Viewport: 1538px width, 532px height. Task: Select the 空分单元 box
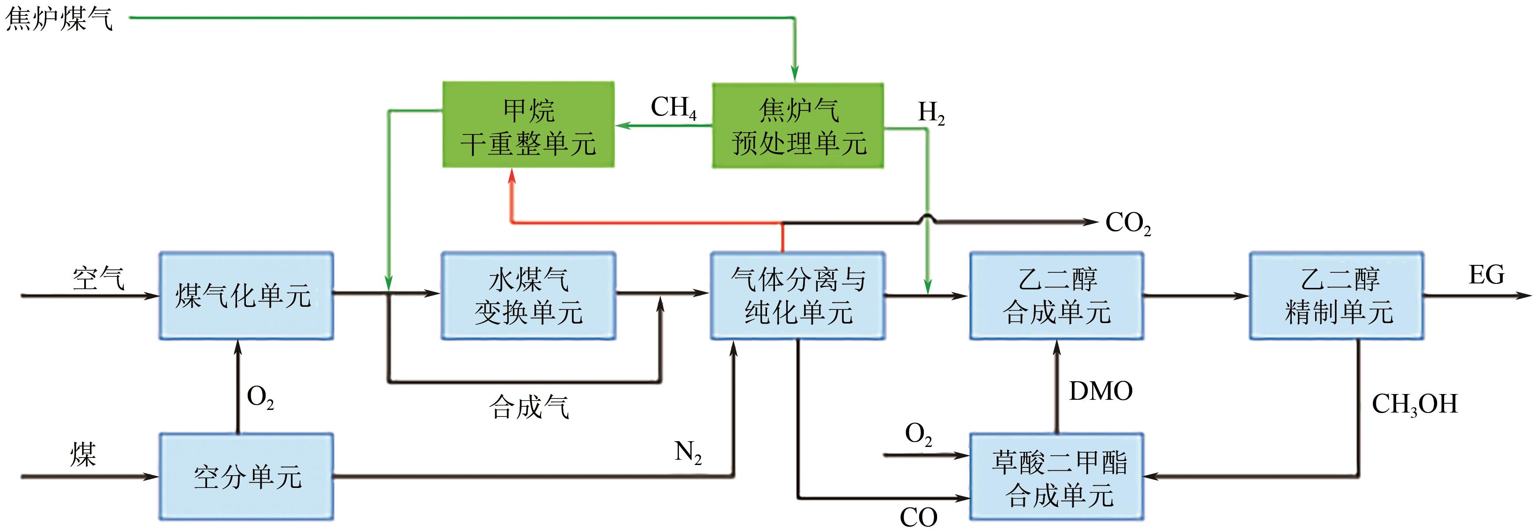[246, 476]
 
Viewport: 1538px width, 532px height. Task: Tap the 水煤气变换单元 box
[528, 296]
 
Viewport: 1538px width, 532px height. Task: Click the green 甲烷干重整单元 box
[528, 125]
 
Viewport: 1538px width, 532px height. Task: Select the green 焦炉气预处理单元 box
[798, 125]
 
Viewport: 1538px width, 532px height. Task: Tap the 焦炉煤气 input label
[59, 19]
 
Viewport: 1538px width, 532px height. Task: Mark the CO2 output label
[1128, 223]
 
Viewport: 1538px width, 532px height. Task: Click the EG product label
[1486, 275]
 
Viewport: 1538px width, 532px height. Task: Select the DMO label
[1101, 391]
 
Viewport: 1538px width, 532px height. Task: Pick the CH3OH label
[1414, 404]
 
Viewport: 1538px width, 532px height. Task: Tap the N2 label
[688, 452]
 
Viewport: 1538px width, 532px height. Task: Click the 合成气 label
[528, 407]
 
